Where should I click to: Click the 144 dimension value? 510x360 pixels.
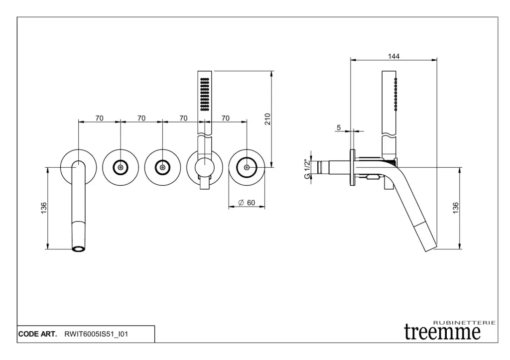[x=393, y=57]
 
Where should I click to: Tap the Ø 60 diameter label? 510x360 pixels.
[x=247, y=203]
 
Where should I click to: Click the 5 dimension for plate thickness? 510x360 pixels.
[x=339, y=128]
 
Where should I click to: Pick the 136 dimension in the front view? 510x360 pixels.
[x=44, y=208]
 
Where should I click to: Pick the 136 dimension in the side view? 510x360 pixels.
[x=455, y=208]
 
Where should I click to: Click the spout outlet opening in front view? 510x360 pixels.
[x=79, y=248]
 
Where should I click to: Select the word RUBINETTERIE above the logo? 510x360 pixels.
[x=465, y=323]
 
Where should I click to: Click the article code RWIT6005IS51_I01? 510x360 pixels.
[x=97, y=335]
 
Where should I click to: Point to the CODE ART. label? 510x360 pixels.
[x=37, y=335]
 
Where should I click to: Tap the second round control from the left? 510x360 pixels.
[x=121, y=167]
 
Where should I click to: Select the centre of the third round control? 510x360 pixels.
[x=162, y=167]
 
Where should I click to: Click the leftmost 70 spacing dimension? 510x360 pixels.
[x=99, y=118]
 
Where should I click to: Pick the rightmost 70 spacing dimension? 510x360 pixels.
[x=225, y=118]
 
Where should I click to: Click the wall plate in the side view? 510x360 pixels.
[x=353, y=167]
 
